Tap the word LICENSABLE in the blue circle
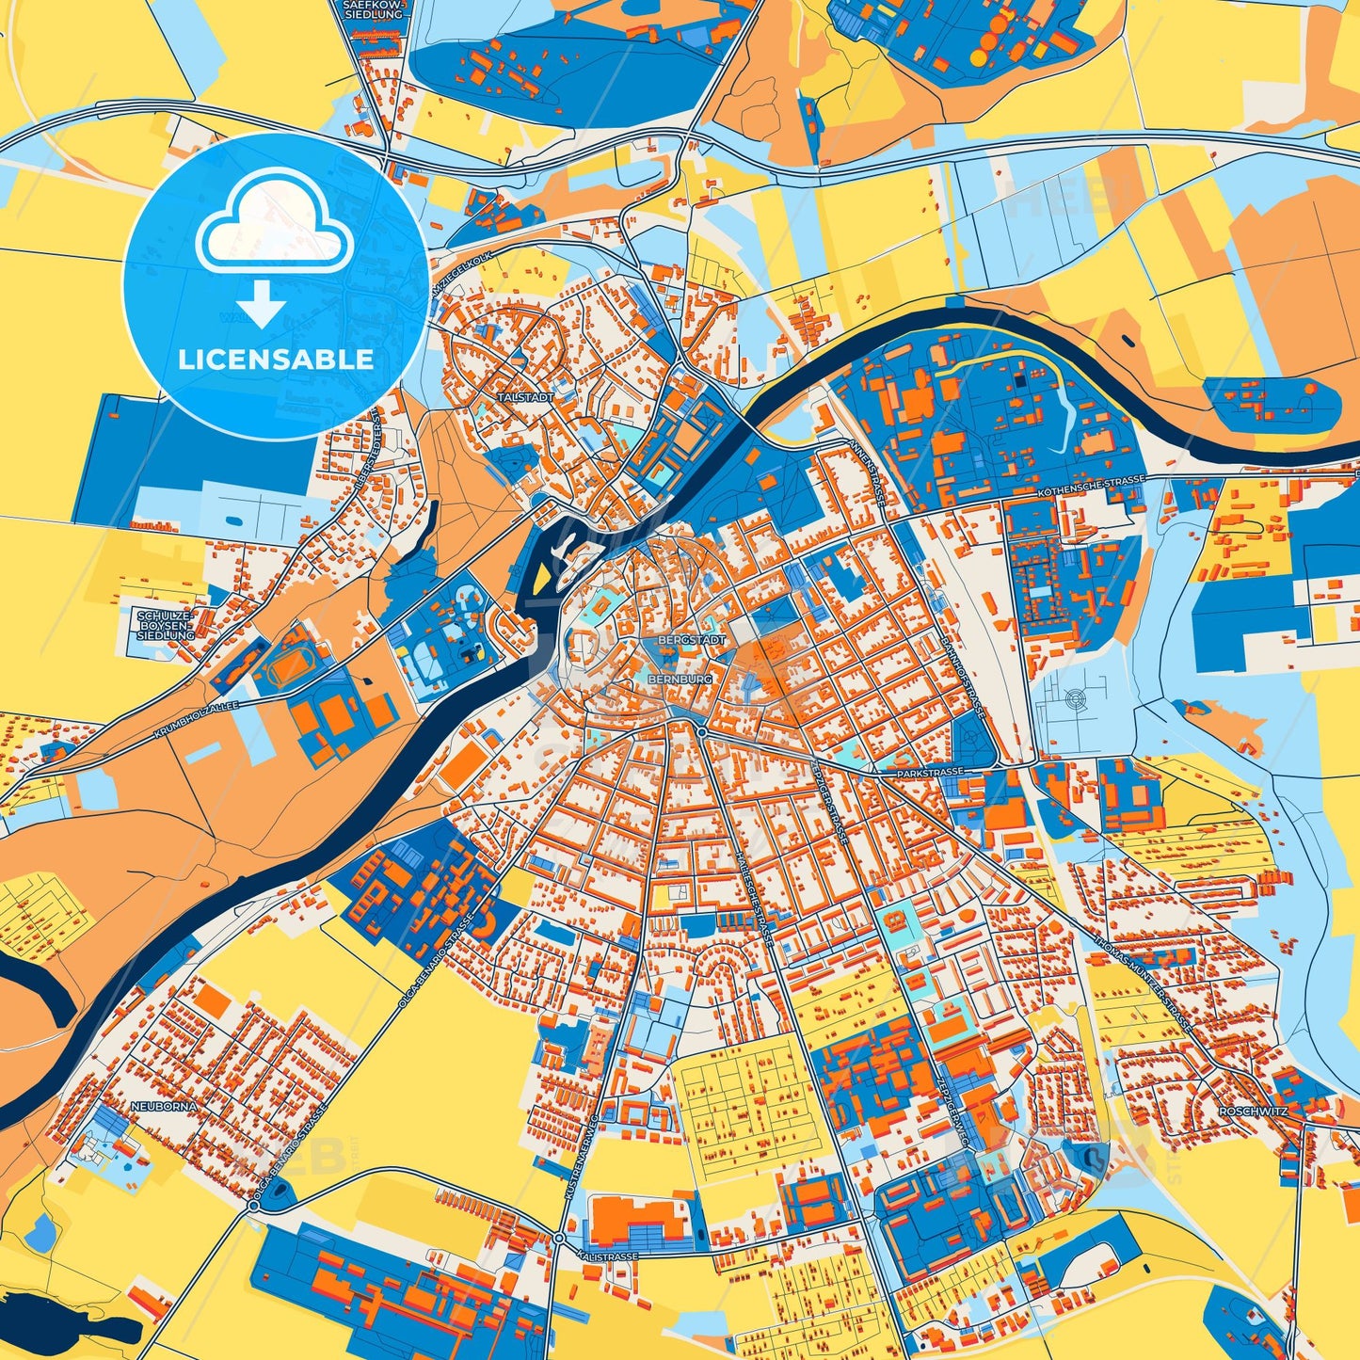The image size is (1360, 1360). (x=276, y=360)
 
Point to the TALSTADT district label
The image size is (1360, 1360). (x=527, y=398)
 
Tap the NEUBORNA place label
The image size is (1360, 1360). (x=165, y=1106)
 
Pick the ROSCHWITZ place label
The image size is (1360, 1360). (x=1252, y=1112)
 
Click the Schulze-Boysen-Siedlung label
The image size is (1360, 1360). (x=165, y=625)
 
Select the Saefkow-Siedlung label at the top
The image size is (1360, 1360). (x=374, y=9)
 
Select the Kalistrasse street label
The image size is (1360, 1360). (x=609, y=1256)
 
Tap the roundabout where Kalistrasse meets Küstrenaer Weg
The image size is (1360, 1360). (x=559, y=1238)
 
